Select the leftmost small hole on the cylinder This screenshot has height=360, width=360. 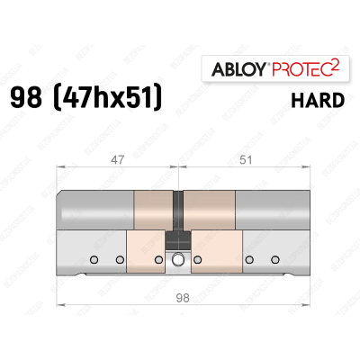[x=94, y=261]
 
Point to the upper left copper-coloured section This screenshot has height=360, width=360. [x=153, y=211]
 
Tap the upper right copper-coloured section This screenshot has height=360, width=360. [x=209, y=211]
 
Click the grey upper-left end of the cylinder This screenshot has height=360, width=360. [x=94, y=211]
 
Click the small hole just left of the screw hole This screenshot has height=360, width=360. [x=159, y=261]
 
